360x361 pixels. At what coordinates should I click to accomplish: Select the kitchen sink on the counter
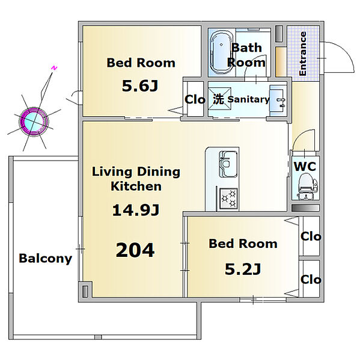pyautogui.click(x=228, y=164)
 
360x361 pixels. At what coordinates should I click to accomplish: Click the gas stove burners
pyautogui.click(x=228, y=199)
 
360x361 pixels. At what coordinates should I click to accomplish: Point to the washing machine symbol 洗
pyautogui.click(x=218, y=99)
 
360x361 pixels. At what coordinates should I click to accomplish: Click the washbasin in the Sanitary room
pyautogui.click(x=278, y=100)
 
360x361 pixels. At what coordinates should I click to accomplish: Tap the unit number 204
pyautogui.click(x=135, y=250)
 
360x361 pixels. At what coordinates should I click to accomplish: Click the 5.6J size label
pyautogui.click(x=140, y=85)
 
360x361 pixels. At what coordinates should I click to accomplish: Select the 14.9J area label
pyautogui.click(x=136, y=210)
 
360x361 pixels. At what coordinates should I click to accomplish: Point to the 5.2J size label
pyautogui.click(x=243, y=269)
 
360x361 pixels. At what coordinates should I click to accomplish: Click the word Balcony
pyautogui.click(x=46, y=259)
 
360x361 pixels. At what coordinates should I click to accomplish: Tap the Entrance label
pyautogui.click(x=303, y=54)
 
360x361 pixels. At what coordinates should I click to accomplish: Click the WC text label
pyautogui.click(x=305, y=166)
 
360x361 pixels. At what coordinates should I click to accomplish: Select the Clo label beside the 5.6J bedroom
pyautogui.click(x=195, y=99)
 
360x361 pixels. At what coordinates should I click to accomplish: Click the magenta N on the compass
pyautogui.click(x=54, y=68)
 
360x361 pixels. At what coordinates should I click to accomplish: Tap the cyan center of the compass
pyautogui.click(x=34, y=121)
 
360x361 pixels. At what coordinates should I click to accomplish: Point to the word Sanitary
pyautogui.click(x=248, y=99)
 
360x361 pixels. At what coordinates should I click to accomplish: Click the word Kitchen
pyautogui.click(x=136, y=187)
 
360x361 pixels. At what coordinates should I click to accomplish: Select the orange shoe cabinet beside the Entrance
pyautogui.click(x=281, y=62)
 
